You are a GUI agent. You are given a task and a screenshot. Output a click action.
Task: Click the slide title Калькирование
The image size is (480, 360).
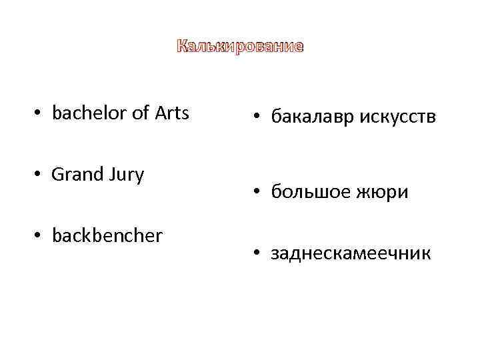point(240,47)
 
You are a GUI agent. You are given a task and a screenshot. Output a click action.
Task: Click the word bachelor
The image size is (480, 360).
point(89,113)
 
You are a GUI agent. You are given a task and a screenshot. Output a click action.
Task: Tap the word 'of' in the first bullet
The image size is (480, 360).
point(141,113)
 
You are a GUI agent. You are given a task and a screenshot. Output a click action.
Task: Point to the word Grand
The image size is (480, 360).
point(74,175)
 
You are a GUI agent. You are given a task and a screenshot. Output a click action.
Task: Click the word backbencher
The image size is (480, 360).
point(107,236)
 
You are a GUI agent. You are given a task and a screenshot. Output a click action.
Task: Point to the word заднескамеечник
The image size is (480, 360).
point(351,253)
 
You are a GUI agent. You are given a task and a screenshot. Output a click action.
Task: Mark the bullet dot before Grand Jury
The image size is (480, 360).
point(39,176)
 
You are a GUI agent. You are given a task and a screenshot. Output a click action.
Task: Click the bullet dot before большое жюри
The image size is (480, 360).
point(257,193)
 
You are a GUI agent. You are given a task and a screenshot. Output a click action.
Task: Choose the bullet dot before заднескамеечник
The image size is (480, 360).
point(257,255)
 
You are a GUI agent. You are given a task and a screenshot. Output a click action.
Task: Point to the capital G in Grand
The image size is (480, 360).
point(57,175)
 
